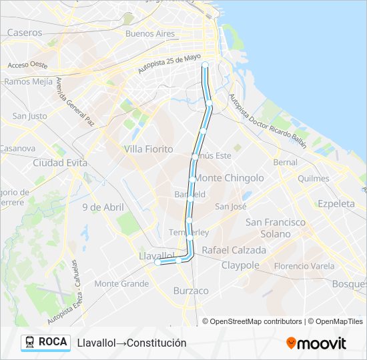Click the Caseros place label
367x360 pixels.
(25, 32)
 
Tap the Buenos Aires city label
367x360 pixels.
(149, 33)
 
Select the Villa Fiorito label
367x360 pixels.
(148, 149)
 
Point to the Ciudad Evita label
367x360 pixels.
(60, 162)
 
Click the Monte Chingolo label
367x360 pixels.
(229, 178)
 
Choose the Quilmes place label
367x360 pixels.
(314, 179)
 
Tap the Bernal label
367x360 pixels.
(286, 162)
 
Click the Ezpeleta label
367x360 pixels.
(336, 203)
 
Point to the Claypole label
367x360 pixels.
(240, 265)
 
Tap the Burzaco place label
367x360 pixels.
(191, 291)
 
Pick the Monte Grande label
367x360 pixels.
(121, 283)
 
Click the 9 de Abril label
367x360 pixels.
(103, 207)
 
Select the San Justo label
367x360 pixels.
(29, 115)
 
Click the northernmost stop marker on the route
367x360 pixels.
(205, 65)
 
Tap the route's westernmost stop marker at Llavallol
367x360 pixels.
(157, 263)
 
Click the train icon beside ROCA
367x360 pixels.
(30, 342)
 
